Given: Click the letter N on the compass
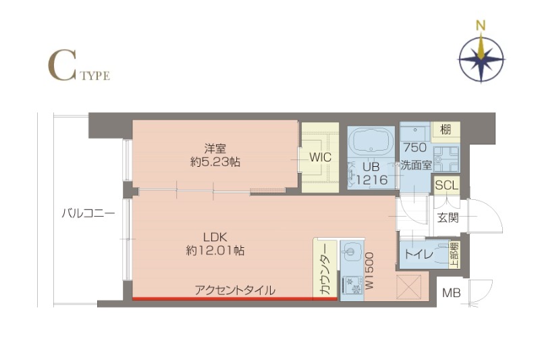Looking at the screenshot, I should pyautogui.click(x=481, y=26).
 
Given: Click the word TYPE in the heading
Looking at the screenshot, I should pyautogui.click(x=94, y=76).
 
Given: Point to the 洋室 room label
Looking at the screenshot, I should pyautogui.click(x=215, y=148).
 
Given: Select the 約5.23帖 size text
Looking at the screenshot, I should pyautogui.click(x=215, y=162).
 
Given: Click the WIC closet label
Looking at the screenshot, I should pyautogui.click(x=319, y=157).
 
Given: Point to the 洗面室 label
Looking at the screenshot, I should pyautogui.click(x=415, y=164).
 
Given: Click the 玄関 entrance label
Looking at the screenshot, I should pyautogui.click(x=447, y=217).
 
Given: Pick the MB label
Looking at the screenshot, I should pyautogui.click(x=451, y=293).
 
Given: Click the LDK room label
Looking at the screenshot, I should pyautogui.click(x=215, y=236).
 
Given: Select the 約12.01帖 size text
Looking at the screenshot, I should pyautogui.click(x=215, y=251).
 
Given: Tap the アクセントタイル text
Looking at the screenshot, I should pyautogui.click(x=235, y=290).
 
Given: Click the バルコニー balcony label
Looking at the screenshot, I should pyautogui.click(x=88, y=213).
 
